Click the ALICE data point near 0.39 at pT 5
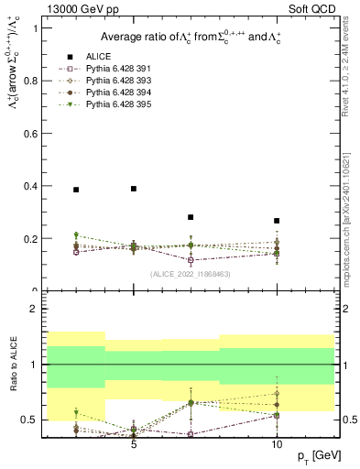tap(134, 189)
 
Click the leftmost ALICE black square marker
tap(76, 190)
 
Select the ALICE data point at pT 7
tap(191, 217)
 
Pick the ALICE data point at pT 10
tap(277, 221)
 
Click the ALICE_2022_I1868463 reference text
tap(190, 273)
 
